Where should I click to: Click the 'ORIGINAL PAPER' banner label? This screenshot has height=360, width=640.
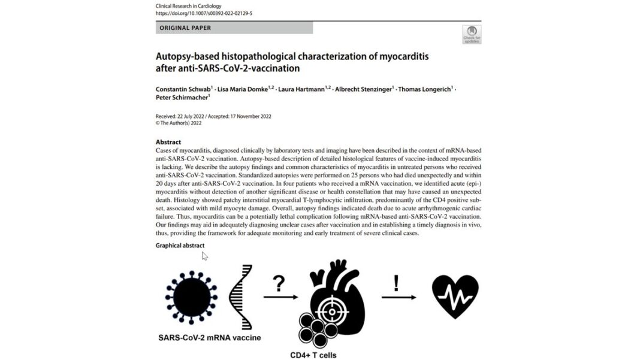[x=185, y=28]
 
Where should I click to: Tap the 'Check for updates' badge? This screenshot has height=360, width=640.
[x=472, y=34]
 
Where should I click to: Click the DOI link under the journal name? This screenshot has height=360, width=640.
[x=204, y=13]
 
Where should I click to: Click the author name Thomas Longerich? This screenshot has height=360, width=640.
[x=427, y=89]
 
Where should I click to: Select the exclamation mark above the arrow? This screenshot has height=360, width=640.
[x=396, y=282]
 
